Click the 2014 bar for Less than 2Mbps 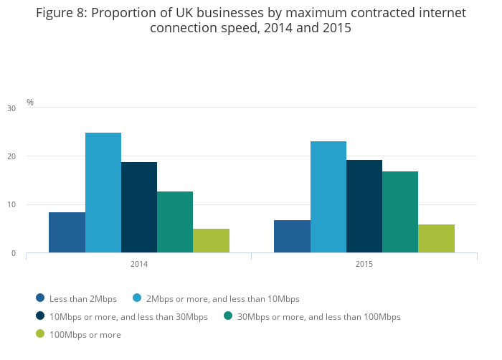pyautogui.click(x=67, y=232)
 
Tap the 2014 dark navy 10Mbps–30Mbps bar pyautogui.click(x=139, y=207)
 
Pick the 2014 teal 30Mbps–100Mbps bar pyautogui.click(x=175, y=222)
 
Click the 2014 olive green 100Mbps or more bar pyautogui.click(x=211, y=240)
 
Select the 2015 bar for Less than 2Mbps pyautogui.click(x=292, y=236)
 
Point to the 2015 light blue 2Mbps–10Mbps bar pyautogui.click(x=328, y=196)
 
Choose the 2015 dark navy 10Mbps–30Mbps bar pyautogui.click(x=364, y=206)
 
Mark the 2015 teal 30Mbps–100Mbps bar pyautogui.click(x=400, y=212)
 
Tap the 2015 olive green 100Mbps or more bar pyautogui.click(x=436, y=238)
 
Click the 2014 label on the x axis pyautogui.click(x=139, y=265)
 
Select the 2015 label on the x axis pyautogui.click(x=364, y=265)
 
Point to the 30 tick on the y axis pyautogui.click(x=11, y=108)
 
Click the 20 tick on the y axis pyautogui.click(x=11, y=156)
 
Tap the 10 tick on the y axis pyautogui.click(x=11, y=205)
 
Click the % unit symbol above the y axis pyautogui.click(x=30, y=103)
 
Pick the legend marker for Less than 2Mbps pyautogui.click(x=40, y=298)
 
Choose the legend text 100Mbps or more pyautogui.click(x=85, y=335)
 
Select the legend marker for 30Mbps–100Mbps pyautogui.click(x=228, y=316)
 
